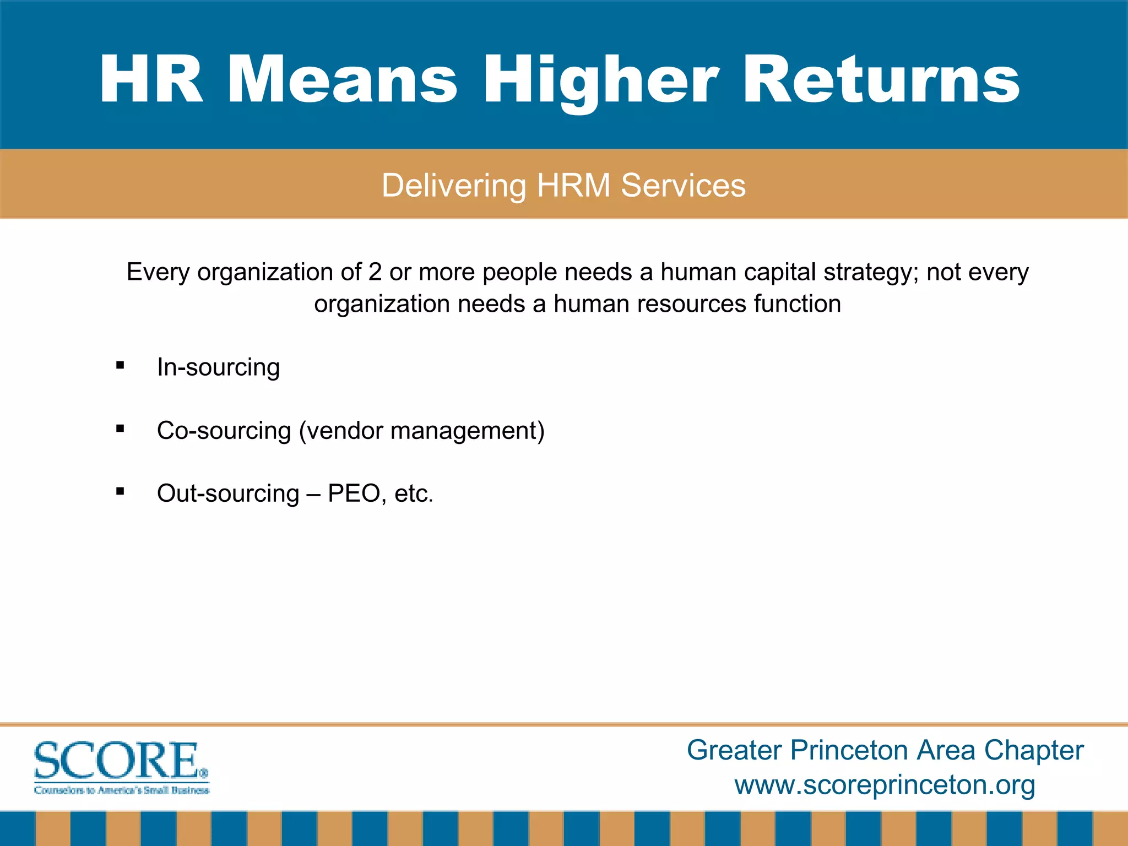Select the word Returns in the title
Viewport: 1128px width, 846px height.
tap(881, 80)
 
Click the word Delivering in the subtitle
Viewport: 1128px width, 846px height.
tap(454, 186)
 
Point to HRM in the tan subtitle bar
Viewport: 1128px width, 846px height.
tap(573, 186)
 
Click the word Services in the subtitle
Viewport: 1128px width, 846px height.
tap(683, 186)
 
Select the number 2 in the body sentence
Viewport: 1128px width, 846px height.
tap(375, 272)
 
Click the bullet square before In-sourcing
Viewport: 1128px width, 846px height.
tap(120, 365)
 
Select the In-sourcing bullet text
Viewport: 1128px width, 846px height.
tap(218, 367)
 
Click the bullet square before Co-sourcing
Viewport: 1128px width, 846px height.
tap(120, 429)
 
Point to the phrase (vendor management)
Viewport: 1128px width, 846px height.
tap(421, 431)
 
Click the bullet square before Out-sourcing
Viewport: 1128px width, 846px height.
tap(120, 491)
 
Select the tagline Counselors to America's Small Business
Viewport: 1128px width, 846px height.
tap(121, 790)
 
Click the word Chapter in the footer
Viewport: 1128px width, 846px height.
tap(1033, 751)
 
